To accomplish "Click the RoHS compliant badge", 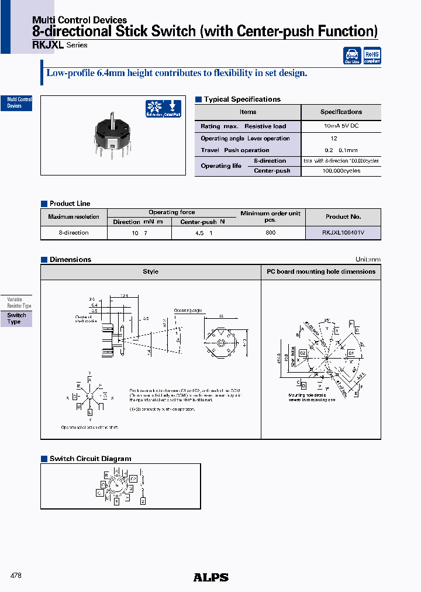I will pos(372,56).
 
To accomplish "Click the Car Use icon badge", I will pos(352,56).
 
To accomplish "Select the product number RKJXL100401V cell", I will pos(343,233).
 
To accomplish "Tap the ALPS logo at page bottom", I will pos(210,577).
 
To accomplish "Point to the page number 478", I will pos(16,576).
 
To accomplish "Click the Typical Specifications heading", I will pos(241,99).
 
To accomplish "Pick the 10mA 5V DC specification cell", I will pos(341,126).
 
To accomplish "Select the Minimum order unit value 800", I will pos(270,233).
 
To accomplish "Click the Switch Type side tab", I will pos(16,319).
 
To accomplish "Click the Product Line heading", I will pos(70,204).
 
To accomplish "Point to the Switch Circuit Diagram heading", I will pos(90,459).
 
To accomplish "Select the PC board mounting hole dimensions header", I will pos(321,271).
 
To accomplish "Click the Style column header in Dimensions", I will pos(150,271).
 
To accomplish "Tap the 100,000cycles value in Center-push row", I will pos(341,171).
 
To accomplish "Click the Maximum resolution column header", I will pos(74,216).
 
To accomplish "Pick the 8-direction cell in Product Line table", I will pos(74,233).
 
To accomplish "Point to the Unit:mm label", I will pos(368,260).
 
